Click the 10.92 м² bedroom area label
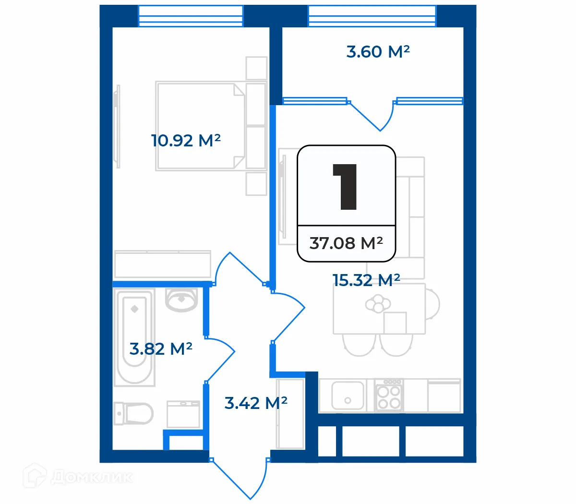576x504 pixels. pos(186,140)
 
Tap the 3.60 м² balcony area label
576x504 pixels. pos(378,52)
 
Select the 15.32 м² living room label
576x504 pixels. pos(366,280)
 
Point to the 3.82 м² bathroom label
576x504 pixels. pos(161,348)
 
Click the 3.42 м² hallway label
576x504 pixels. pos(256,403)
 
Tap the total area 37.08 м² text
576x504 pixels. pos(346,243)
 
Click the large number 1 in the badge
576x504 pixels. pos(345,187)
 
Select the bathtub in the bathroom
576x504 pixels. pos(134,337)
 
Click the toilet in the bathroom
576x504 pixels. pos(133,414)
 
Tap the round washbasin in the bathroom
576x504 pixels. pos(181,300)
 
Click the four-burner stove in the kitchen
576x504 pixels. pos(389,396)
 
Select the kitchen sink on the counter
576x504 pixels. pos(348,396)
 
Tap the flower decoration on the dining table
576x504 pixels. pos(378,303)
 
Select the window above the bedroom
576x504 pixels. pos(191,16)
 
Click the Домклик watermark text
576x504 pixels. pos(92,478)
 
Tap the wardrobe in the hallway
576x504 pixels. pos(290,414)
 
